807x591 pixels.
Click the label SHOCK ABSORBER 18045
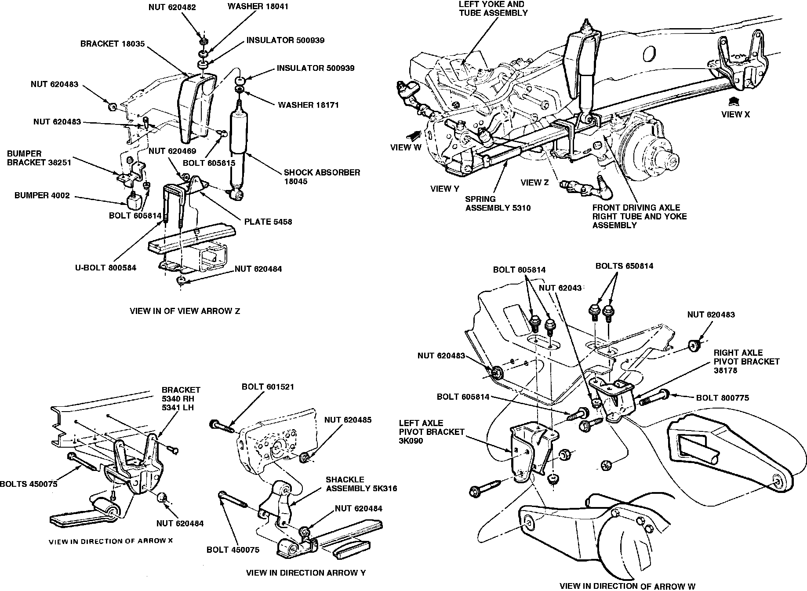322,177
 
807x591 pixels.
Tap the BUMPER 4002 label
42,195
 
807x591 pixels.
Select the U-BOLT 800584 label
105,267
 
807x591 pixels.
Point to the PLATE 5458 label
268,222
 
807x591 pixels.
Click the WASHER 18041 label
258,7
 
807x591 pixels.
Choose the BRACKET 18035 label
113,44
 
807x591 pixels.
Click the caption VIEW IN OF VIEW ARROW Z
185,311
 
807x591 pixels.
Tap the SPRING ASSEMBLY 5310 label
498,203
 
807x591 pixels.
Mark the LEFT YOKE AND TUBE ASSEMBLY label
493,8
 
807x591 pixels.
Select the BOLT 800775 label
722,398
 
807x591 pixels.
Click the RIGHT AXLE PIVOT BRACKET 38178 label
746,361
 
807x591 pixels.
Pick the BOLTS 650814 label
624,266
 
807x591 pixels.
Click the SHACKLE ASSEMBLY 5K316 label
361,484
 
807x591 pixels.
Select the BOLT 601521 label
268,387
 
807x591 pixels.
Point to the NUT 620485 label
348,420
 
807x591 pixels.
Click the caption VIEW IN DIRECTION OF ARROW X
110,541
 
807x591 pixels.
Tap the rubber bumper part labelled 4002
135,202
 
